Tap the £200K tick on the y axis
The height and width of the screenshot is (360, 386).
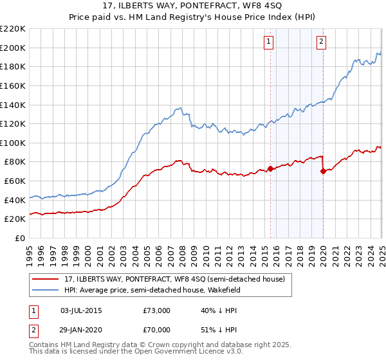click(x=13, y=48)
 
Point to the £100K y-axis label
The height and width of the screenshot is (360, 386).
click(x=13, y=143)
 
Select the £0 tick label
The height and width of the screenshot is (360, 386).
click(x=19, y=238)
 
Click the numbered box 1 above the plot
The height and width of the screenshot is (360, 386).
click(x=268, y=43)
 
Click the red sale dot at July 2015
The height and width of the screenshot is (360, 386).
click(x=270, y=168)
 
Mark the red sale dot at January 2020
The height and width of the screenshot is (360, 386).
click(x=323, y=171)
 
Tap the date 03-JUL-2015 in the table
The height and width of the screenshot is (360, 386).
click(x=81, y=310)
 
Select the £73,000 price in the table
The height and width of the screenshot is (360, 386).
click(x=156, y=310)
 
